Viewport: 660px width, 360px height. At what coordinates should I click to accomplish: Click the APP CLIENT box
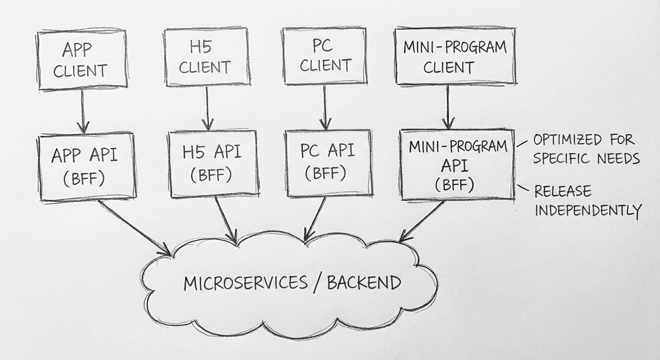82,60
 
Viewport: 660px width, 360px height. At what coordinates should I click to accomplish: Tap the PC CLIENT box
324,56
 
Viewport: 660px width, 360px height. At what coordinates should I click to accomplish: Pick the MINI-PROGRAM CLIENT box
455,56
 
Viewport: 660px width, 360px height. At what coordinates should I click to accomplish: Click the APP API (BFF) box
87,166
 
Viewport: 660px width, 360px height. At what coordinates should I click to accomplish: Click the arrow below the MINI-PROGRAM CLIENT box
448,107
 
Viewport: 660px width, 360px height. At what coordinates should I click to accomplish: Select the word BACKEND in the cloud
364,283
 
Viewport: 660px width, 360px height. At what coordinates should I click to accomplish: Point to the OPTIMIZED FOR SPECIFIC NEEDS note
586,149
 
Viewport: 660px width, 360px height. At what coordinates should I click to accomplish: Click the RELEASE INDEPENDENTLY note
587,201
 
